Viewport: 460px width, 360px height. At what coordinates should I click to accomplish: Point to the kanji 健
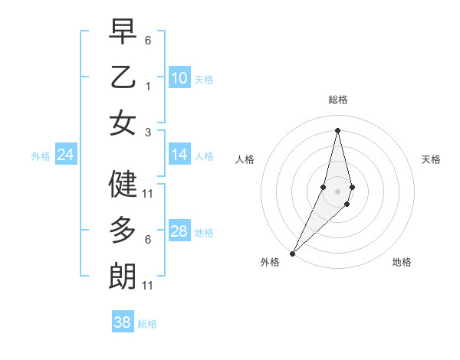coord(123,184)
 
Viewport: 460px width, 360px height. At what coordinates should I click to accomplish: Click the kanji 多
coord(123,230)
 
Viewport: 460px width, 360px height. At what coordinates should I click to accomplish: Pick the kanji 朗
coord(123,276)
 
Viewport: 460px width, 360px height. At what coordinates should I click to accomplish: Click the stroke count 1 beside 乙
coord(148,87)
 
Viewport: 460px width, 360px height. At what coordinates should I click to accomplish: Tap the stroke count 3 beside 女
coord(148,133)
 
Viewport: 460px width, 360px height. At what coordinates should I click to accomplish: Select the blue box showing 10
coord(179,78)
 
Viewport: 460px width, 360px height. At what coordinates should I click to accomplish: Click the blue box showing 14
coord(179,155)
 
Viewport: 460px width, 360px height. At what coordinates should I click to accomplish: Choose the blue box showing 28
coord(179,232)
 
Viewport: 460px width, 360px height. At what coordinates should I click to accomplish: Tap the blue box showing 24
coord(65,155)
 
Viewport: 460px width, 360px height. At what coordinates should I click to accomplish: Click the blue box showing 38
coord(122,323)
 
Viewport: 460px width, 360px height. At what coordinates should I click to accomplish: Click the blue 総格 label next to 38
coord(147,324)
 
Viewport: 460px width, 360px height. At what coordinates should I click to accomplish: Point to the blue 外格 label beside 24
coord(41,156)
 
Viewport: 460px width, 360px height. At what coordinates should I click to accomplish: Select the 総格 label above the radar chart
coord(337,100)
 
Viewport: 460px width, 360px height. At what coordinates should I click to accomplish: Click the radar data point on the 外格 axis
coord(292,253)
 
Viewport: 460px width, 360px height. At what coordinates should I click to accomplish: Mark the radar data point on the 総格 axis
coord(337,129)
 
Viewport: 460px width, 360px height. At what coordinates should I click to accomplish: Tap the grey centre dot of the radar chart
coord(337,191)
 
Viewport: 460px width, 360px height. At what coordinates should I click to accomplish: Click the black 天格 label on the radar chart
coord(431,159)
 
